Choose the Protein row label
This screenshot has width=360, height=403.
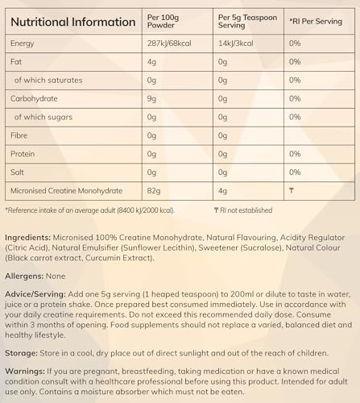[x=23, y=153]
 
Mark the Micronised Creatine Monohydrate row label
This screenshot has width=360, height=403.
[x=75, y=190]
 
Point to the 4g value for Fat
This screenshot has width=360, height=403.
[x=165, y=60]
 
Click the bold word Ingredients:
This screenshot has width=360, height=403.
[x=28, y=239]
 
